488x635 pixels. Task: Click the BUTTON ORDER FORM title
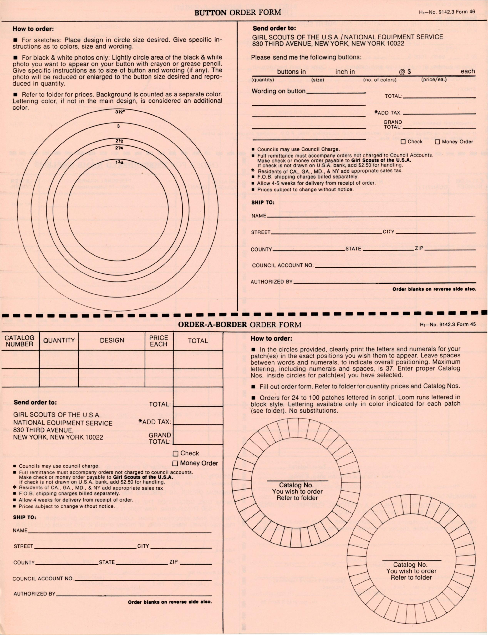238,13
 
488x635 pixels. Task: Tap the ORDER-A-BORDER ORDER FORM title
240,325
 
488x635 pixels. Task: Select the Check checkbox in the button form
403,142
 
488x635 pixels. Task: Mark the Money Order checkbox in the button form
437,142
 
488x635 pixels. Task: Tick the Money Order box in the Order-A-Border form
175,463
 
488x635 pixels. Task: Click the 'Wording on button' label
278,91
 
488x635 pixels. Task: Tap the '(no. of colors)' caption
380,80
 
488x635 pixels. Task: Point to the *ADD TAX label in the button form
388,113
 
